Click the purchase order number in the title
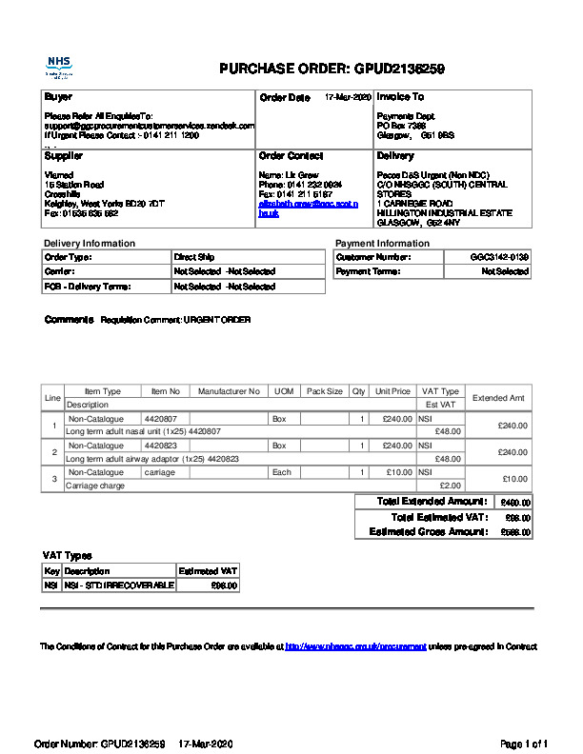tap(400, 69)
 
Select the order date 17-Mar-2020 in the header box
tap(348, 97)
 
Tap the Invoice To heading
tap(400, 97)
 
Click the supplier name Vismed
tap(59, 174)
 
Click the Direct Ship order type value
tap(193, 257)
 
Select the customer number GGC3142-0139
tap(499, 257)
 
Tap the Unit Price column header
tap(392, 391)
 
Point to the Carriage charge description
tap(94, 486)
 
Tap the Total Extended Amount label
tap(432, 502)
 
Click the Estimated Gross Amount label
tap(428, 531)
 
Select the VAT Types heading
tap(67, 555)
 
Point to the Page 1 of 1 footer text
tap(524, 744)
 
